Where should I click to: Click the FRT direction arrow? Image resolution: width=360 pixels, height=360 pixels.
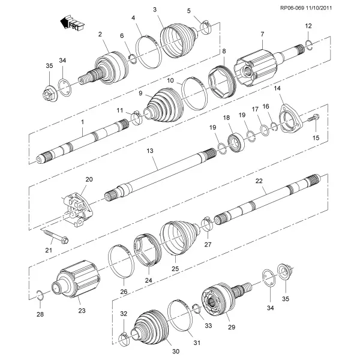coord(71,23)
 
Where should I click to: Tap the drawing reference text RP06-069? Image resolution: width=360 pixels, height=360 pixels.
coord(292,8)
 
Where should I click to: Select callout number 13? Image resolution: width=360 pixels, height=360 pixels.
coord(150,151)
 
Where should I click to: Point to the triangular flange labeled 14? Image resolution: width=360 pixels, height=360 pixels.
coord(290,119)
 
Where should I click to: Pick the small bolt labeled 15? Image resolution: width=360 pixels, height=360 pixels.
coord(313,118)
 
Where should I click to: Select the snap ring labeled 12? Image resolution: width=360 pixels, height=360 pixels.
coord(309,44)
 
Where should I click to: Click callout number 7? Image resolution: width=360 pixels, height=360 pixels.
coord(262,34)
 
